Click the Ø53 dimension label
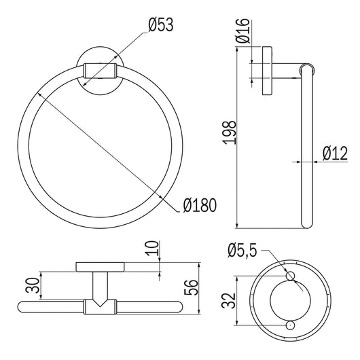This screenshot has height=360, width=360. click(161, 25)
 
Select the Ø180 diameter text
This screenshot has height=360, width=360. click(200, 205)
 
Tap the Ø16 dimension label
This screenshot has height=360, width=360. click(242, 31)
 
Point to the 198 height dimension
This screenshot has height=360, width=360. click(229, 132)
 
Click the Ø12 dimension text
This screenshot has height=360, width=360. click(335, 154)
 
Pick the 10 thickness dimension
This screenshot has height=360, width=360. click(153, 248)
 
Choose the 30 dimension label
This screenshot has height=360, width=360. click(33, 285)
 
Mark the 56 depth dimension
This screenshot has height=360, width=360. click(191, 287)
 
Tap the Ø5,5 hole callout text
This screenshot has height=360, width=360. click(242, 250)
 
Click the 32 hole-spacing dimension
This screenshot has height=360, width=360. click(228, 300)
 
